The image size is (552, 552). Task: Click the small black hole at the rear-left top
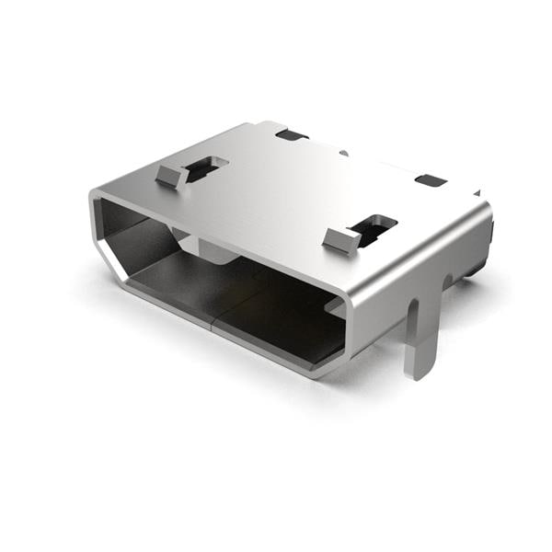tap(292, 135)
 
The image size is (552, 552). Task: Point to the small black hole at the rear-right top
tap(430, 180)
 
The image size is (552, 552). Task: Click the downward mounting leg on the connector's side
tap(420, 331)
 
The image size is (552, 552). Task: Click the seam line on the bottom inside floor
tap(213, 317)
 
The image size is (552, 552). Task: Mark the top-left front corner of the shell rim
tap(94, 195)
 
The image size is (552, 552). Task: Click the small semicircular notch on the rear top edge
tap(342, 152)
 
